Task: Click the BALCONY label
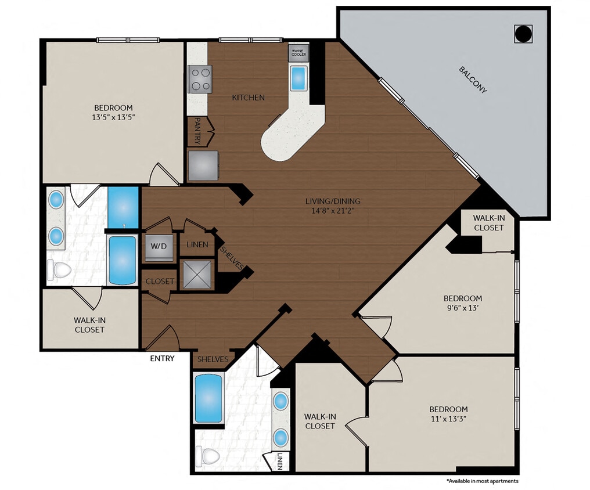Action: coord(473,81)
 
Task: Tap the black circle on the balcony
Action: coord(523,34)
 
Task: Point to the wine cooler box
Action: coord(298,53)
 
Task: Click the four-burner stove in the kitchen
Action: coord(200,78)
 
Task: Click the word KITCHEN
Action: coord(248,98)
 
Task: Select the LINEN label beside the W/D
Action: coord(197,245)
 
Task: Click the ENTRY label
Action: coord(162,358)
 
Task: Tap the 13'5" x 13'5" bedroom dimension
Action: coord(113,117)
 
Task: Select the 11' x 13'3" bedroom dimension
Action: coord(448,419)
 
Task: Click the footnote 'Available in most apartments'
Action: coord(482,481)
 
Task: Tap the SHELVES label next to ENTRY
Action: coord(213,359)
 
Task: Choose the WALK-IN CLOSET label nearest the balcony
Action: coord(488,223)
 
